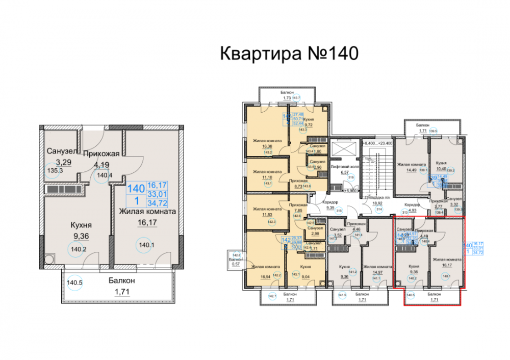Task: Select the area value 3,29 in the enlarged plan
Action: tap(56, 161)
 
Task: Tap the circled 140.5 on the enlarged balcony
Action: tap(74, 282)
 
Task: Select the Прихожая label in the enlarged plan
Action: tap(101, 153)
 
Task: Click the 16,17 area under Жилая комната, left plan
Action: tap(148, 222)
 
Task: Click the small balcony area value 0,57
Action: tap(235, 264)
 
